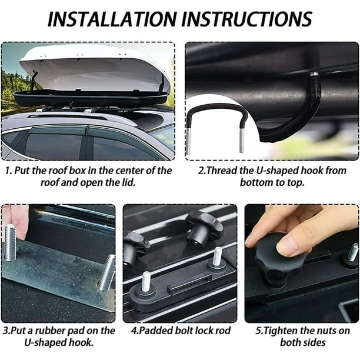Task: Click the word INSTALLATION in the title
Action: coord(112,19)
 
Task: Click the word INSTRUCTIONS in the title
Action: coord(247,19)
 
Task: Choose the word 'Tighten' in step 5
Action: coord(281,331)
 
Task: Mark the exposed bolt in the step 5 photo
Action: coord(353,252)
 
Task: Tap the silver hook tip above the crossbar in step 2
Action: coord(314,74)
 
